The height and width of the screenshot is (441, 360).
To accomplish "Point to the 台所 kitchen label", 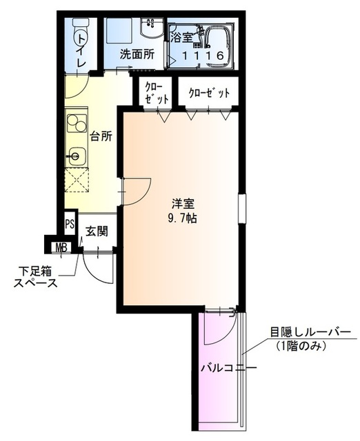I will (100, 135).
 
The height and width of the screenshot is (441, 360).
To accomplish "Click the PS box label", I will (70, 223).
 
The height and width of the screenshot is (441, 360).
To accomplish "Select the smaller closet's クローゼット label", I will (157, 93).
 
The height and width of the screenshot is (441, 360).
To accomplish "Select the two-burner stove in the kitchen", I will (75, 124).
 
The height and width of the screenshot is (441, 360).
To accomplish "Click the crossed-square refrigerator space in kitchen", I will (78, 181).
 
